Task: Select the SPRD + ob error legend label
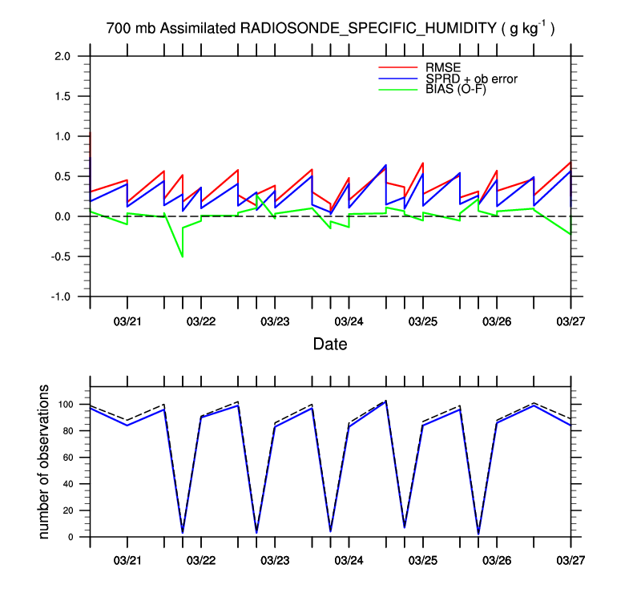click(472, 79)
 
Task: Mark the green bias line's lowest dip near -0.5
click(183, 256)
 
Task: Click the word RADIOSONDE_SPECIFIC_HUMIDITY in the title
click(367, 30)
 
